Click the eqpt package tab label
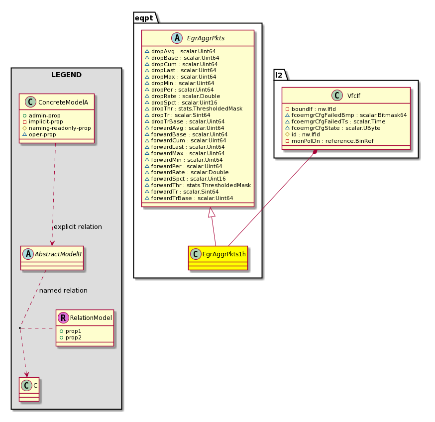144,18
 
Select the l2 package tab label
279,75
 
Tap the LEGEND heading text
66,75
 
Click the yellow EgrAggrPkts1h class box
218,258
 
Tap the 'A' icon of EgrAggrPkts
177,38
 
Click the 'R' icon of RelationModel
63,317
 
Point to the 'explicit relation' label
78,227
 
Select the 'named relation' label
63,290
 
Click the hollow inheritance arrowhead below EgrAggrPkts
211,212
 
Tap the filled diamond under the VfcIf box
315,152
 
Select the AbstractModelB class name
58,254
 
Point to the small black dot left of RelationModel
20,328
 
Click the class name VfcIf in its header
354,96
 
